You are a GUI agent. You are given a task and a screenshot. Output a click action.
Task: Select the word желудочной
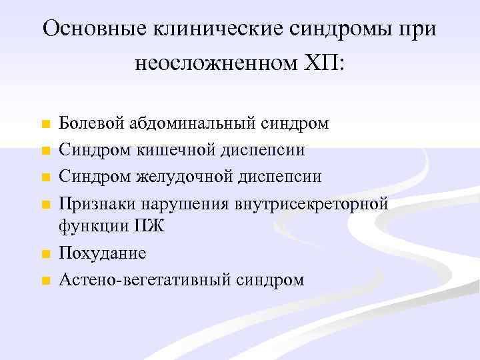182,176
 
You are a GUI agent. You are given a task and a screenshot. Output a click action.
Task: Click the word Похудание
103,253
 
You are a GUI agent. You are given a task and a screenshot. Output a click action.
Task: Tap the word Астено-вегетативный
145,280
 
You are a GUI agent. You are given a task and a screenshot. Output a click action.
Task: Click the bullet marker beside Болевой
45,125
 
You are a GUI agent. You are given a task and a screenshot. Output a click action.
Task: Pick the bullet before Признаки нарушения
45,203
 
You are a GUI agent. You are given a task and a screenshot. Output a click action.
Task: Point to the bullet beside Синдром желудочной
45,177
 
